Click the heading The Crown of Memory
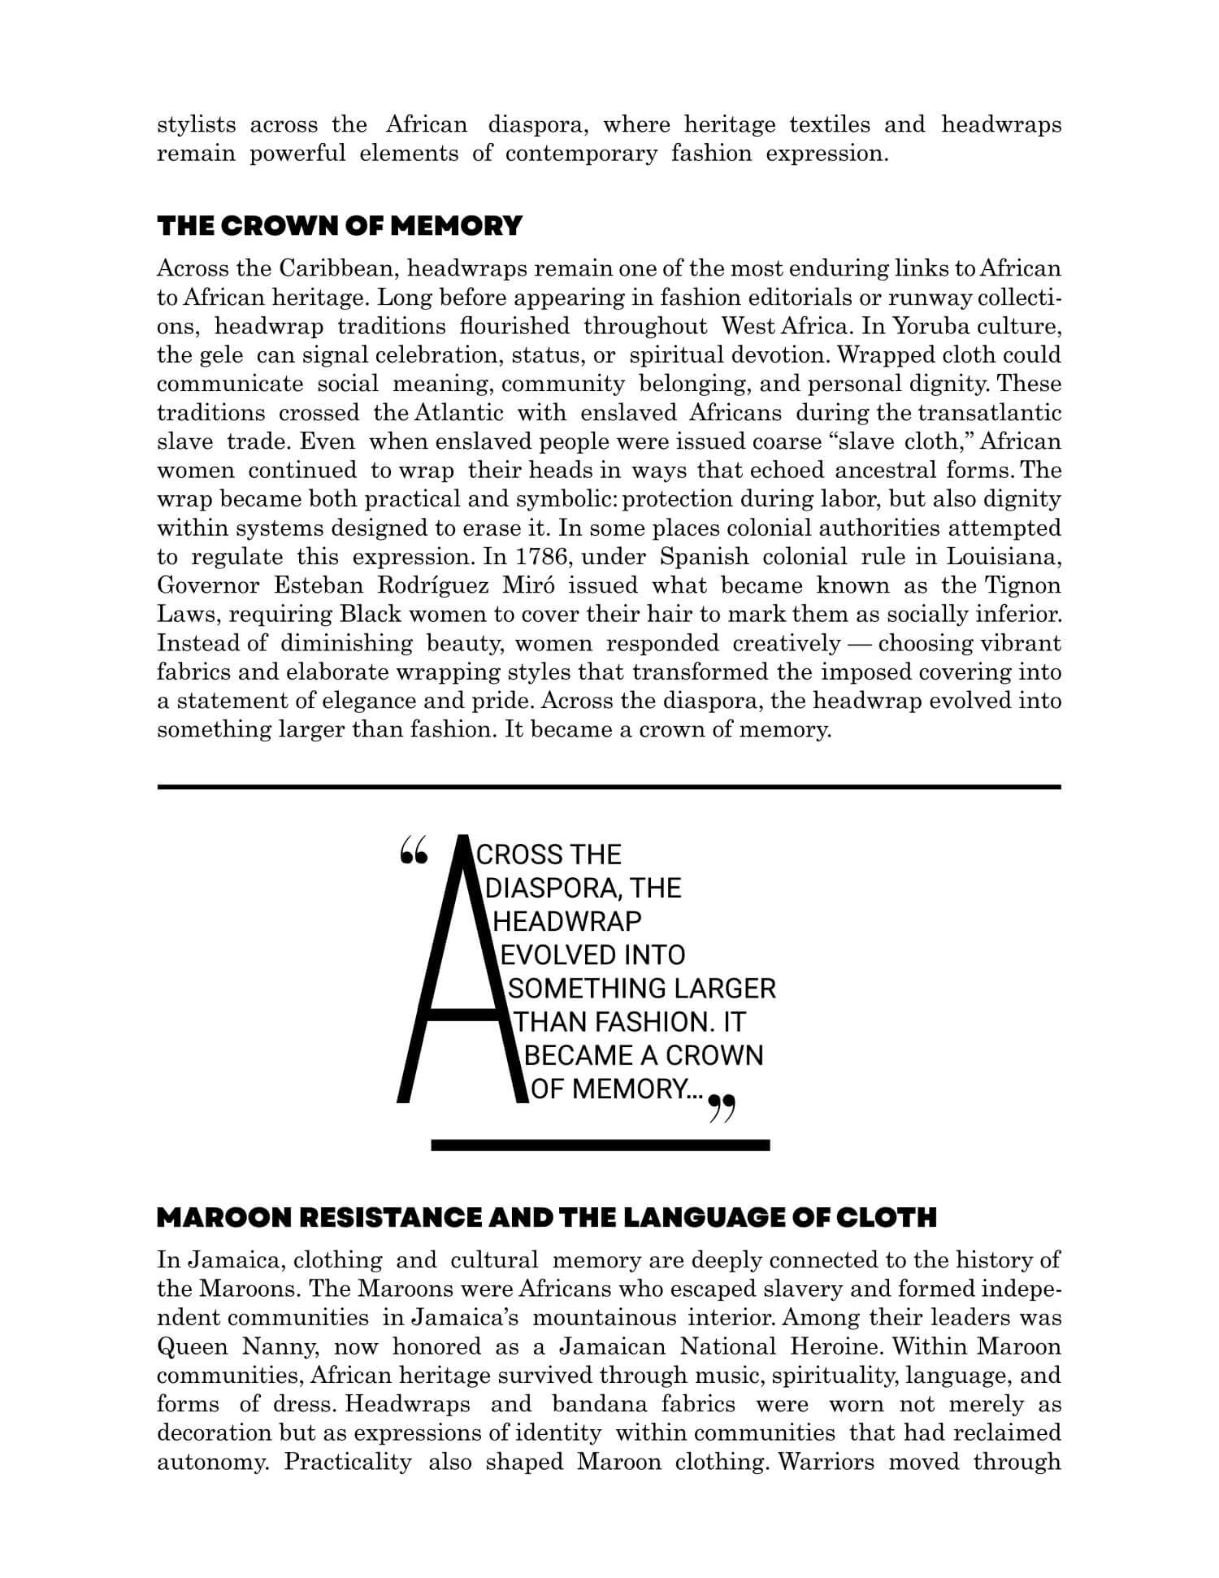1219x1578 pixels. pyautogui.click(x=339, y=226)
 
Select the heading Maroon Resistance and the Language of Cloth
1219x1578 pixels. pyautogui.click(x=546, y=1217)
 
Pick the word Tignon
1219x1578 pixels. pyautogui.click(x=1023, y=585)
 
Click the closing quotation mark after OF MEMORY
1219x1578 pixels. pyautogui.click(x=722, y=1108)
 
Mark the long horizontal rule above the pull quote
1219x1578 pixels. pyautogui.click(x=609, y=786)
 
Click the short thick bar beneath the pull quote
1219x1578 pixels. pyautogui.click(x=600, y=1145)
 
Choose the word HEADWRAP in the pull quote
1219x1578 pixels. pyautogui.click(x=568, y=921)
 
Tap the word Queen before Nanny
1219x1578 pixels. pyautogui.click(x=193, y=1346)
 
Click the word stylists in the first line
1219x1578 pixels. pyautogui.click(x=196, y=124)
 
